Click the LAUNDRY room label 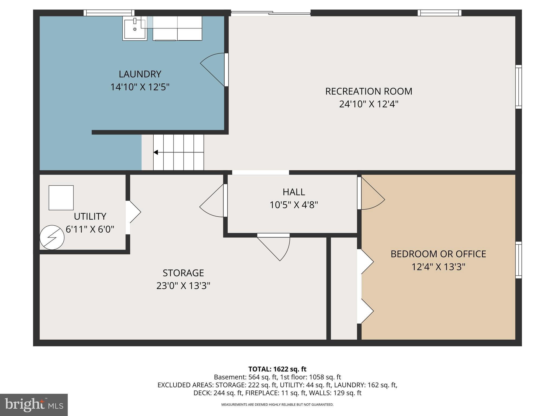(140, 74)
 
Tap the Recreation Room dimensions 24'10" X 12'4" (369, 104)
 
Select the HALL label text (294, 192)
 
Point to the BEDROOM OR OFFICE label (438, 254)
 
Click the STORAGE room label (183, 273)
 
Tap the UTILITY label (90, 216)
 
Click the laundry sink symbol (135, 28)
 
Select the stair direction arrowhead (156, 152)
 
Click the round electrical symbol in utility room (52, 238)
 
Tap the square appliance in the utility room (61, 198)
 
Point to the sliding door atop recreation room (270, 13)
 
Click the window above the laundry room (109, 13)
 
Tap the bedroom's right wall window (518, 260)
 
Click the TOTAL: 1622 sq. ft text (277, 369)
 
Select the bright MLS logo (34, 405)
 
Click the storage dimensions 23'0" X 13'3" (183, 286)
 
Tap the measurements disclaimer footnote (277, 405)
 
